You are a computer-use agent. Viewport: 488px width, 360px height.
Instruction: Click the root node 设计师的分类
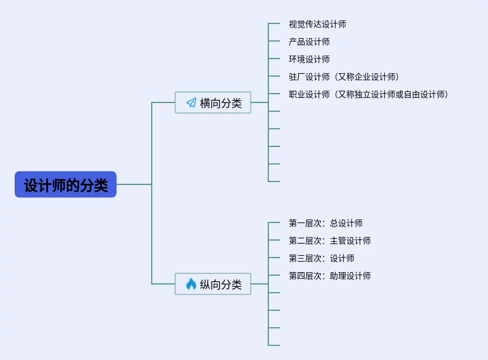point(66,184)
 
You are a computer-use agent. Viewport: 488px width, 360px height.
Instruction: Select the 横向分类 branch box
point(213,102)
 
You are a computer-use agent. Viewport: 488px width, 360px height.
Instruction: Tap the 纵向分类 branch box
point(213,284)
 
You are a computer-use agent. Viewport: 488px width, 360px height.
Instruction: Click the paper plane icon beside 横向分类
point(191,102)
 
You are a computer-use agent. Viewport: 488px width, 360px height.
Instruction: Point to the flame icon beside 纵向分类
point(191,284)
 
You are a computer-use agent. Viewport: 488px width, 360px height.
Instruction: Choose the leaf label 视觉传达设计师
point(317,24)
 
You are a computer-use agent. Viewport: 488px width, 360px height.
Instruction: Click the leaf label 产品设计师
point(309,42)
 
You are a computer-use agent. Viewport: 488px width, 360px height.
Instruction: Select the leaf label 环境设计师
point(309,59)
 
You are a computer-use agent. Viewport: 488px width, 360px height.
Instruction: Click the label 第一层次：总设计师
point(325,223)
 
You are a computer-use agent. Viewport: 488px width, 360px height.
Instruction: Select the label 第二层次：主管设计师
point(329,241)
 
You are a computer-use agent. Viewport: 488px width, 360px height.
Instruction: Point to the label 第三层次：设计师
point(321,258)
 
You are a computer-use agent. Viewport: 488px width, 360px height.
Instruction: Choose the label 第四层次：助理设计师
point(329,276)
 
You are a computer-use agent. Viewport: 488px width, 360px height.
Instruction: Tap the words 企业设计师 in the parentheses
point(376,77)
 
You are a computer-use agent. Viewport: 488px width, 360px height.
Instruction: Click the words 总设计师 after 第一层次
point(346,223)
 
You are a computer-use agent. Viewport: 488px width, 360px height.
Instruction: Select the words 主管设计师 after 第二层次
point(350,241)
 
